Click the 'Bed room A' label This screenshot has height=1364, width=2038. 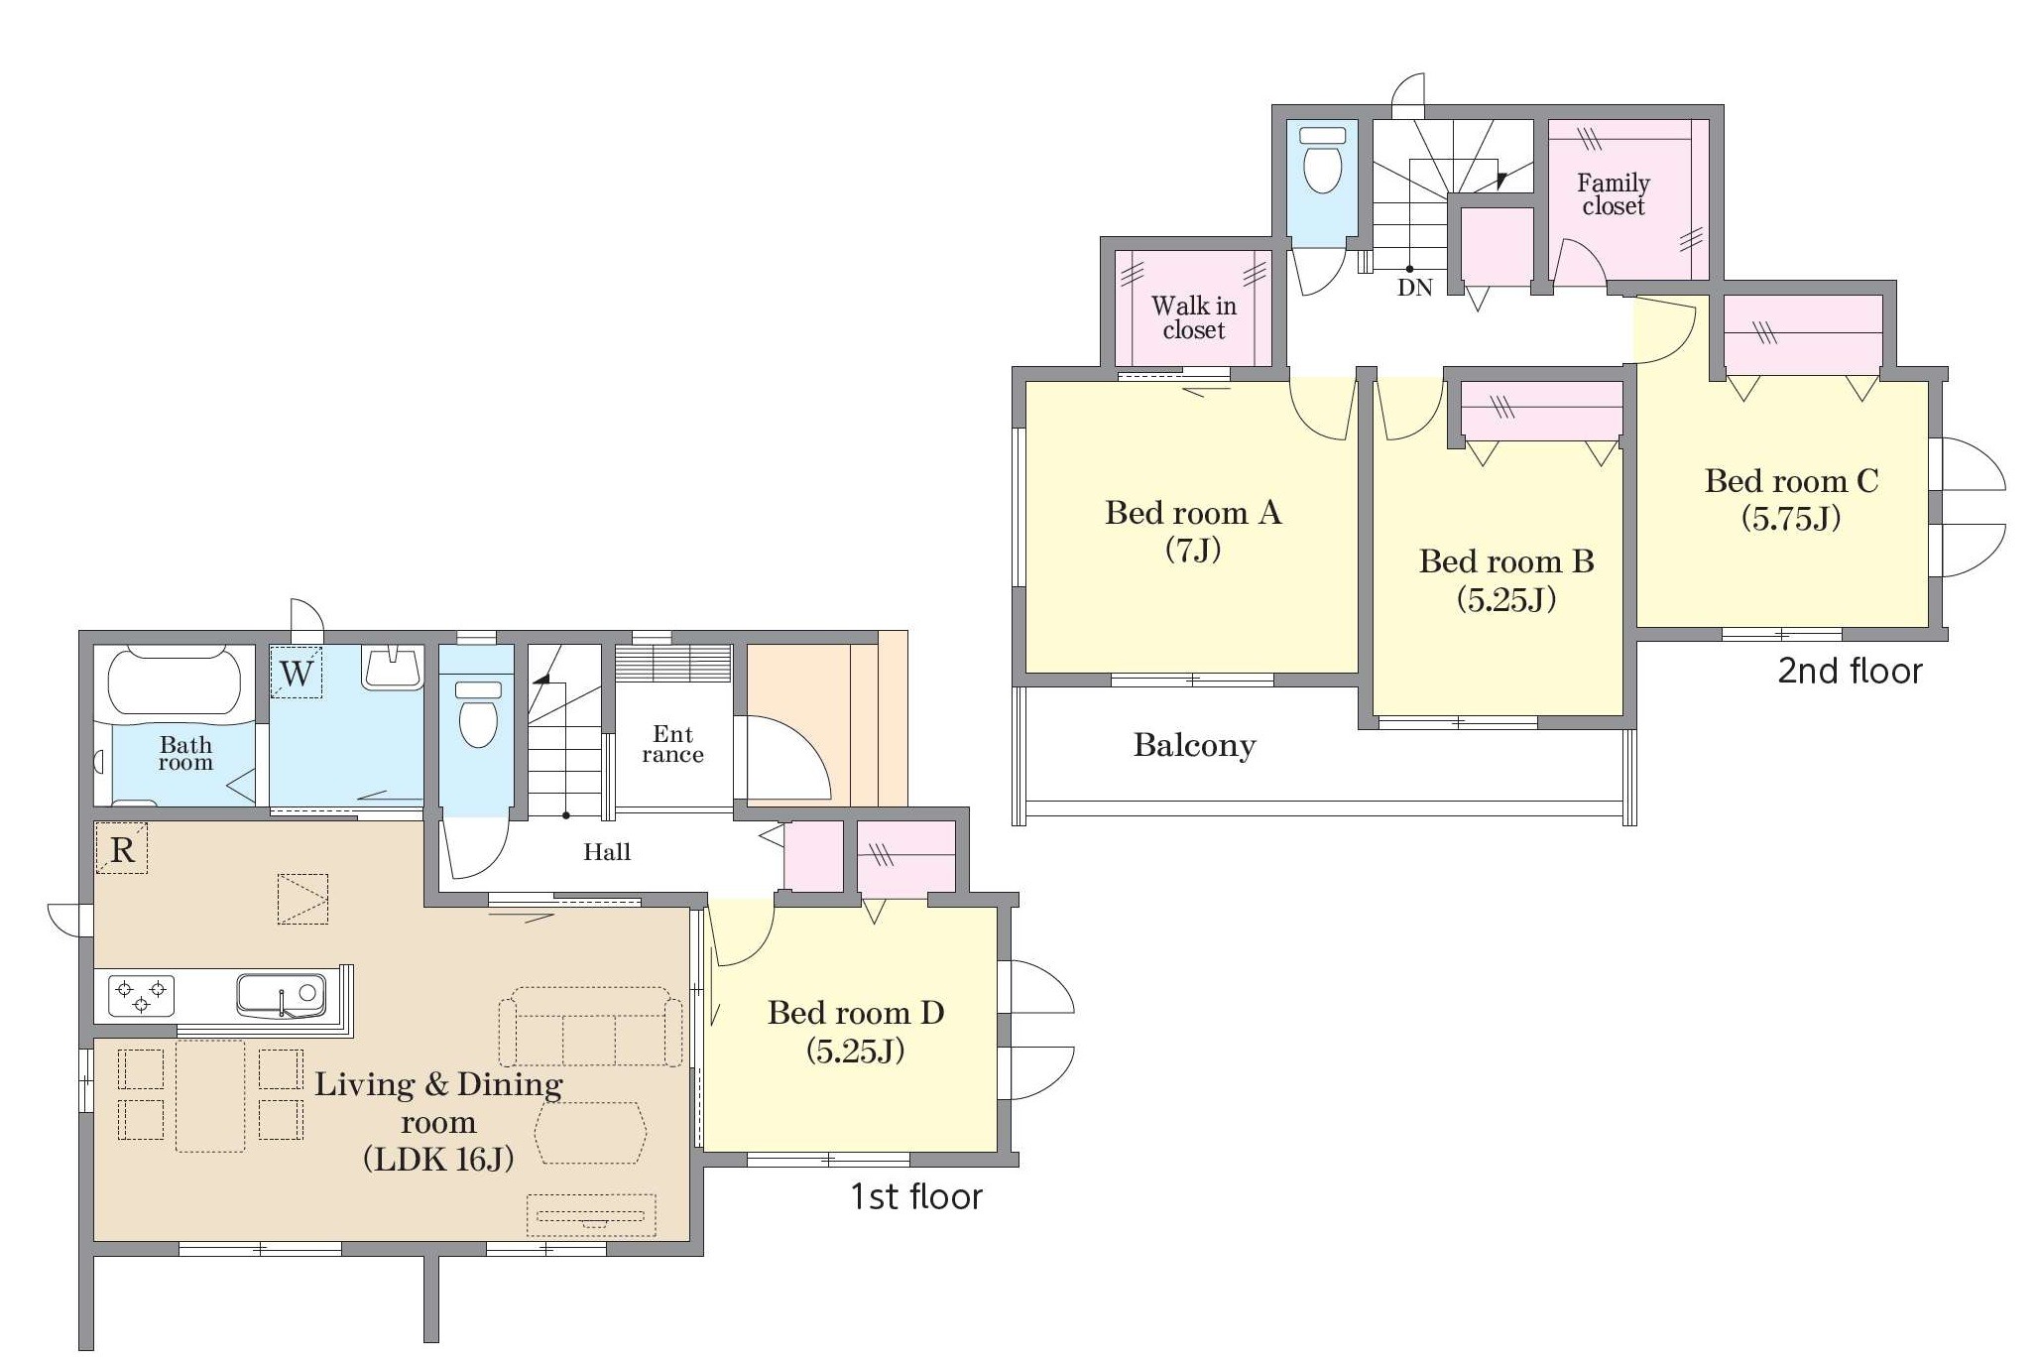click(x=1193, y=513)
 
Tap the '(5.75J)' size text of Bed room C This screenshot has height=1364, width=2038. click(x=1791, y=519)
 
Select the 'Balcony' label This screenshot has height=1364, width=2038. click(x=1194, y=745)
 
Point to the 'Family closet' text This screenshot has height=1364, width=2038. click(x=1614, y=194)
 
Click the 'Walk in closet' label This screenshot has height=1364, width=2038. click(x=1194, y=317)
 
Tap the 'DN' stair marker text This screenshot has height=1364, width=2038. click(x=1415, y=288)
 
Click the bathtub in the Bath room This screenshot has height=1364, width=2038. click(x=175, y=681)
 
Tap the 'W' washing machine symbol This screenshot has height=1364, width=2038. click(x=297, y=674)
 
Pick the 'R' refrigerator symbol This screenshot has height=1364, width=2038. click(x=122, y=849)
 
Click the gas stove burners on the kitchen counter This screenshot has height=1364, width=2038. click(x=141, y=995)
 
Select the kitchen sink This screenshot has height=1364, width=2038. click(x=281, y=995)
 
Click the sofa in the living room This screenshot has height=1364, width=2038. click(x=590, y=1027)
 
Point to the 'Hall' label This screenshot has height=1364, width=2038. click(x=607, y=852)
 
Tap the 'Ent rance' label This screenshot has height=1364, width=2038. click(x=672, y=744)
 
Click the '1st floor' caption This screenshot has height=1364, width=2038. click(x=916, y=1197)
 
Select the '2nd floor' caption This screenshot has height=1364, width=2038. click(x=1850, y=672)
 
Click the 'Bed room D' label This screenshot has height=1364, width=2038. click(x=856, y=1013)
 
